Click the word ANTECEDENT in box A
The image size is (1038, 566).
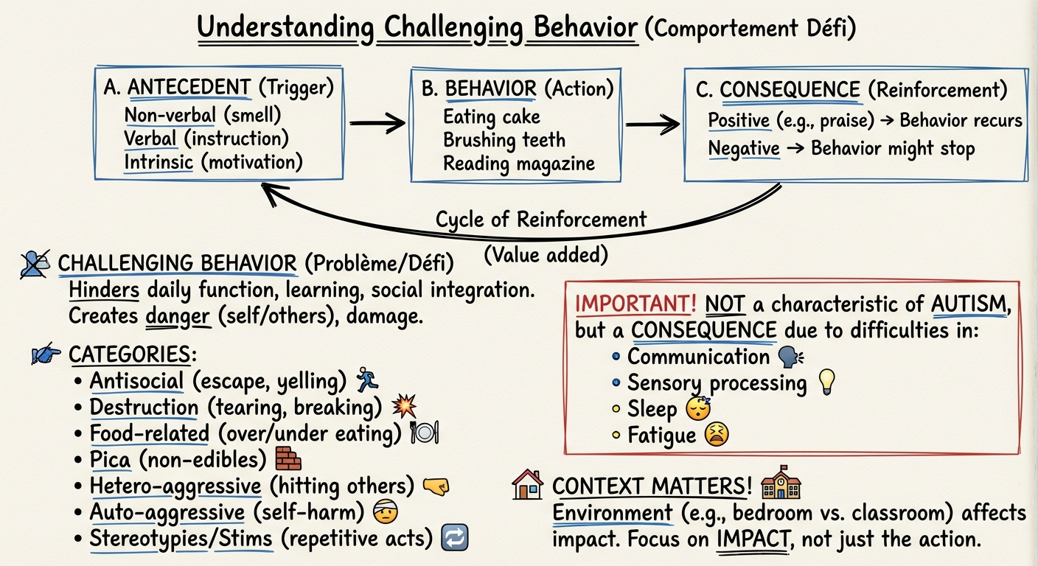[x=189, y=88]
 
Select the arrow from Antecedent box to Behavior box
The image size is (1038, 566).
[x=377, y=122]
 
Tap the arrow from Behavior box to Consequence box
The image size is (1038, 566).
[x=652, y=123]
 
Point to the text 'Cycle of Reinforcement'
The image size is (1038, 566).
[x=540, y=220]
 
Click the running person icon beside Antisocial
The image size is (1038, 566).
[x=366, y=380]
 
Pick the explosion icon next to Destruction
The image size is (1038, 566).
[x=404, y=406]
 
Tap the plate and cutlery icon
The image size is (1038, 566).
[x=425, y=433]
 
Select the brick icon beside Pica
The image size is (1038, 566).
[x=288, y=459]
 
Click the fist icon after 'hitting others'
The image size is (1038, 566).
[x=436, y=486]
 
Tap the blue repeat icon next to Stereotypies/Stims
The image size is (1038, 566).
[x=453, y=538]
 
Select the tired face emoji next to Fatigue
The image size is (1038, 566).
[x=716, y=435]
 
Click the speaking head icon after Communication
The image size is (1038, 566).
[x=791, y=357]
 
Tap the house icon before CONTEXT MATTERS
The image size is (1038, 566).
[x=527, y=485]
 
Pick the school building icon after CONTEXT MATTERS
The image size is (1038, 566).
[x=781, y=484]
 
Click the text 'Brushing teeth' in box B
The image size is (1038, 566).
[x=504, y=140]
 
